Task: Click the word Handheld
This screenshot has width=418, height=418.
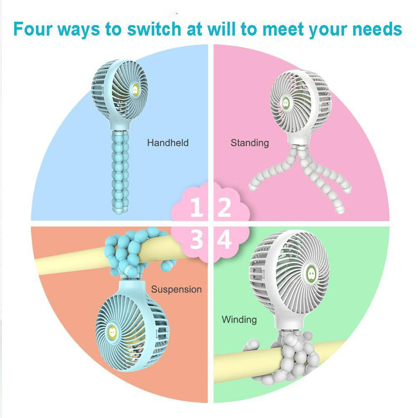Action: (168, 143)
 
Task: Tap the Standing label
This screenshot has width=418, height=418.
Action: (250, 143)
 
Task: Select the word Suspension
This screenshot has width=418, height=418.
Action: (176, 289)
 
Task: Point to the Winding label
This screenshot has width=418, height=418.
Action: (239, 320)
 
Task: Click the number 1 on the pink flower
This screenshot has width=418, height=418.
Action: (196, 207)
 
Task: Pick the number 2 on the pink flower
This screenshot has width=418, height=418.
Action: (224, 207)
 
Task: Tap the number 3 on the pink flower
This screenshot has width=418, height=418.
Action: (197, 239)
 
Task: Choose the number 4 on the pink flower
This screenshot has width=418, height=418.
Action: (224, 239)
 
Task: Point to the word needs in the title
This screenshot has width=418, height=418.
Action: (377, 30)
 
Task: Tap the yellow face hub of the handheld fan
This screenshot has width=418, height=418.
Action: (135, 90)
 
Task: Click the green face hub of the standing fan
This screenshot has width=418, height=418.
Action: (286, 103)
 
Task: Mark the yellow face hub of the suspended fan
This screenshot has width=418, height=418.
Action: (113, 332)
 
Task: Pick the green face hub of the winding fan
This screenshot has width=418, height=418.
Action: (311, 274)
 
